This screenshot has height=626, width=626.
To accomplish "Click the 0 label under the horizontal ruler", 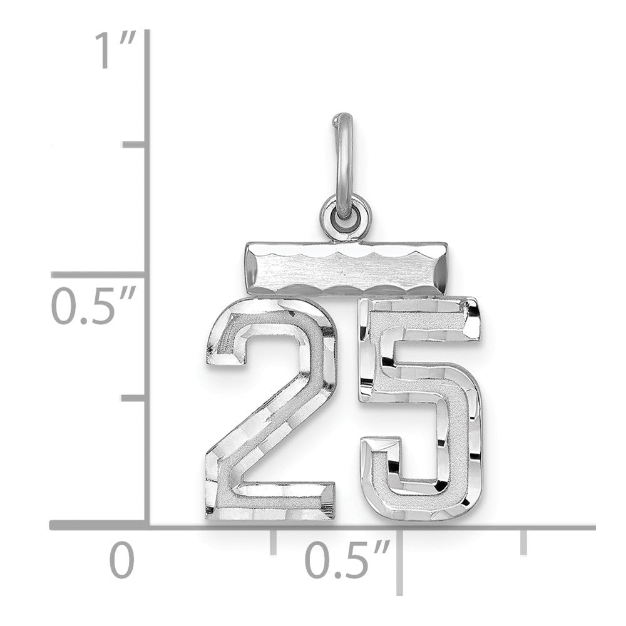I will click(x=123, y=562).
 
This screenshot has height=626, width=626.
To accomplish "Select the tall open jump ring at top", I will click(x=344, y=156).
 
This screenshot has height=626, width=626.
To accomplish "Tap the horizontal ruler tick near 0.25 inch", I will click(x=273, y=541).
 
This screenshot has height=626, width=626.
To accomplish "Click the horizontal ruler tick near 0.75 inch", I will click(x=523, y=541).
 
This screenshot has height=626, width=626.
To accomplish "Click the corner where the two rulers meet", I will click(x=148, y=526).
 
